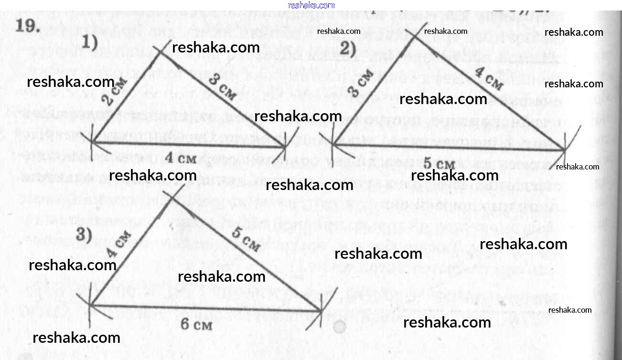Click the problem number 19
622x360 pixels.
click(x=26, y=26)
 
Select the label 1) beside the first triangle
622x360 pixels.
click(x=89, y=43)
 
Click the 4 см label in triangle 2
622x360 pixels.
click(x=489, y=79)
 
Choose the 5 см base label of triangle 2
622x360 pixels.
click(x=439, y=164)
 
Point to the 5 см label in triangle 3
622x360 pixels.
click(x=246, y=240)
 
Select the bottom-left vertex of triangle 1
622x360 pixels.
click(x=94, y=142)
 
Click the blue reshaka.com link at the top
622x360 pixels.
click(x=311, y=5)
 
